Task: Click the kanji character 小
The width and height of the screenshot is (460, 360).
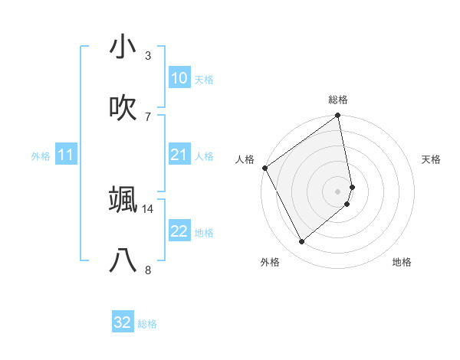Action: coord(123,47)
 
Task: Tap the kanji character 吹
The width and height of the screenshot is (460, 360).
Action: coord(123,108)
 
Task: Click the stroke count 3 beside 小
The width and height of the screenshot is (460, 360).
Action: coord(147,56)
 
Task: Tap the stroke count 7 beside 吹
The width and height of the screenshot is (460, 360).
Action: coord(147,116)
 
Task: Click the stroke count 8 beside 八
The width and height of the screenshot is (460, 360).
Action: coord(147,270)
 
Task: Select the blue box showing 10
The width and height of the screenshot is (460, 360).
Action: coord(179,78)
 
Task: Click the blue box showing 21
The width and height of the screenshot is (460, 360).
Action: coord(179,155)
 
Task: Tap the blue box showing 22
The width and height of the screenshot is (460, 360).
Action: coord(179,232)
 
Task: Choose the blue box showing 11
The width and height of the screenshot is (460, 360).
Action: coord(65,155)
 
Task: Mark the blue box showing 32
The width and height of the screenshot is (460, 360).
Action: coord(123,322)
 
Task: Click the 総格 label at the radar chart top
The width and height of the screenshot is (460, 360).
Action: coord(338,100)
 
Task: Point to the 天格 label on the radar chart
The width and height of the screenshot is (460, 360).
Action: coord(431,159)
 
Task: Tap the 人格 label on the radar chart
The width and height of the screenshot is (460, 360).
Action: coord(245,159)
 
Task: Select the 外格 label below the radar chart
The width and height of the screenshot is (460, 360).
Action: coord(270,263)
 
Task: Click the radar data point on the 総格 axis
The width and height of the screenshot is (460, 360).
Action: coord(338,116)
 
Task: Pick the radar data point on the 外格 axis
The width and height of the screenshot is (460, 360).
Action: coord(302,241)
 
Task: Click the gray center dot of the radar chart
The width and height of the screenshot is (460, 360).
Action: coord(338,191)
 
